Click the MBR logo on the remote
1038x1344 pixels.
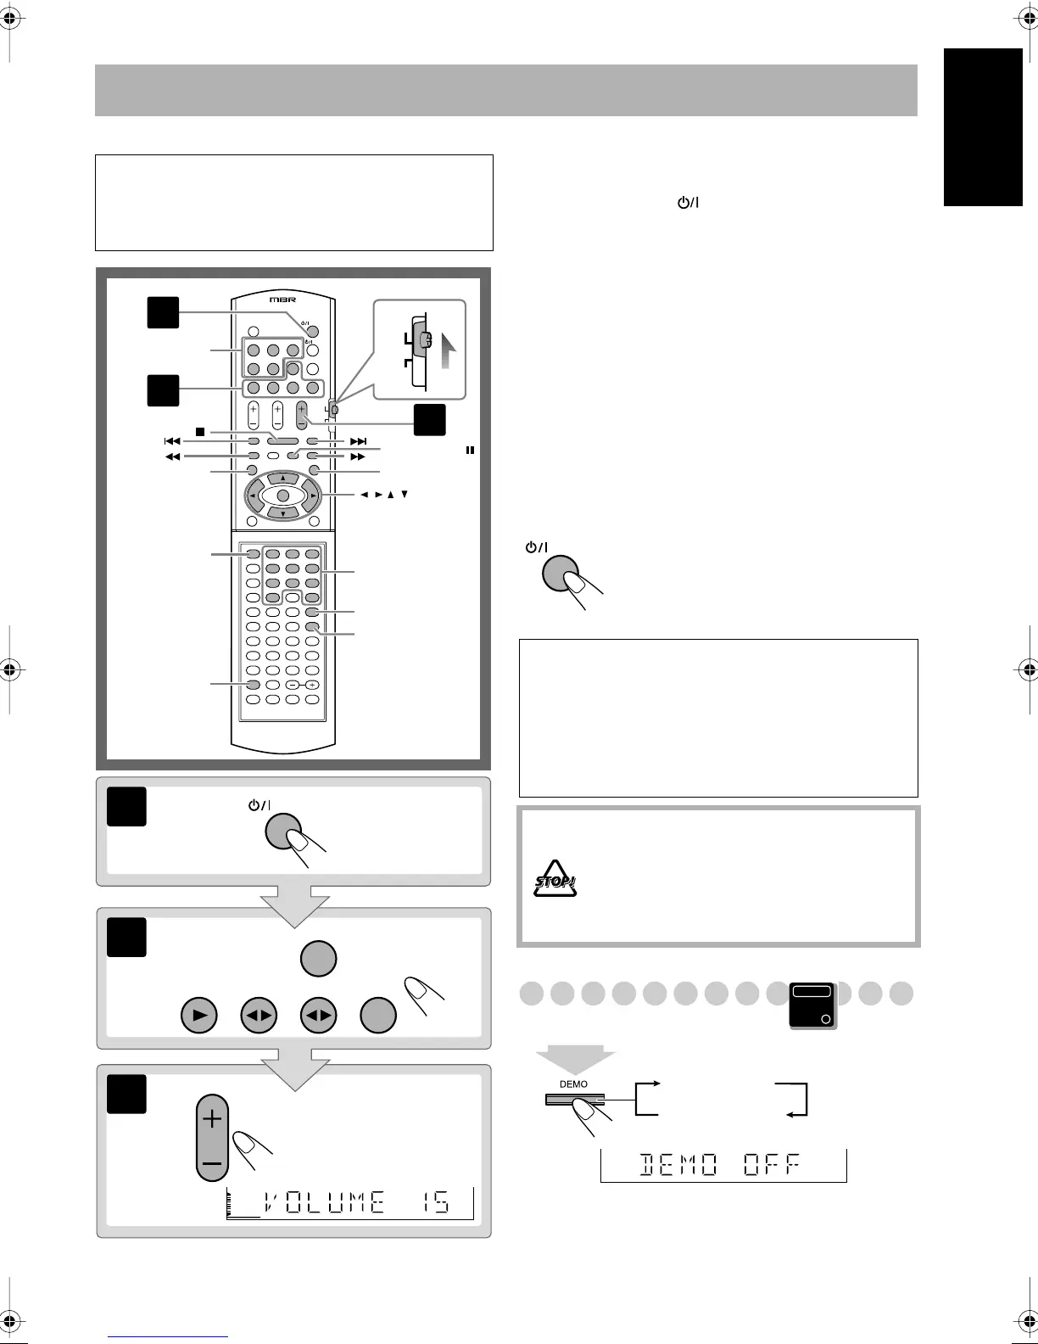(282, 300)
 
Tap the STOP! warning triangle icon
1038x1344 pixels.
(555, 882)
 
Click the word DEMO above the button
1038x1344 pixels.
(573, 1084)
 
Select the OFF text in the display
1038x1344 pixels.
(771, 1166)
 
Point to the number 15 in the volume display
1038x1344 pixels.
(436, 1202)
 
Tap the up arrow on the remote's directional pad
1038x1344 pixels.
(282, 479)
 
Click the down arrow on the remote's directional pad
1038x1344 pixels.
(282, 513)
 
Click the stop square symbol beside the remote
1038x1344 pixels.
(201, 432)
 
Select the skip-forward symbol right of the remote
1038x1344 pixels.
(358, 441)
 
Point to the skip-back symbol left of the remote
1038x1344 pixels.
(172, 441)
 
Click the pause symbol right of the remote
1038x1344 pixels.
(468, 451)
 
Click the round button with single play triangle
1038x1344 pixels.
(198, 1015)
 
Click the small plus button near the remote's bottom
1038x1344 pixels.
(312, 685)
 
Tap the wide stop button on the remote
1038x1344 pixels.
(282, 441)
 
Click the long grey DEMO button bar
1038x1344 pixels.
(573, 1101)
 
